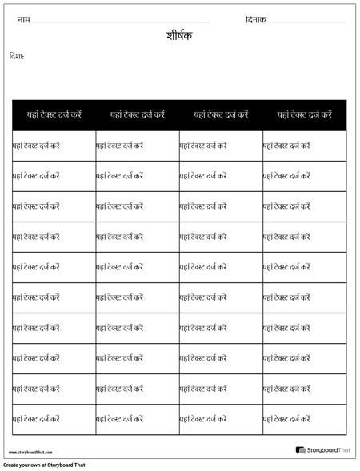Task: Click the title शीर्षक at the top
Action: (179, 36)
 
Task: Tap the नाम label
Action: (23, 19)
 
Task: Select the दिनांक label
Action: (256, 19)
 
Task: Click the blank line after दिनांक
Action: (307, 21)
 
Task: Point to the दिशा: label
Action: (16, 56)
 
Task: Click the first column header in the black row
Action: (54, 115)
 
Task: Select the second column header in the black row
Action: (138, 115)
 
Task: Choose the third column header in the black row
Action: (221, 115)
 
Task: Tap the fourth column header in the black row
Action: (305, 115)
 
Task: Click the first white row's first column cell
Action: (54, 146)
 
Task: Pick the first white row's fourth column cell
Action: (305, 146)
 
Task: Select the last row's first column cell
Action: (54, 419)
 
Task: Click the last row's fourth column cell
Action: (305, 419)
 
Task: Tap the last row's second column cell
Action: (138, 419)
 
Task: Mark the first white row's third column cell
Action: (221, 146)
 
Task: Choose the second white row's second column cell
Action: (138, 176)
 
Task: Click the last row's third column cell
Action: (221, 419)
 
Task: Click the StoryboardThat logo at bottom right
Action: (322, 451)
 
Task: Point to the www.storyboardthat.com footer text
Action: (30, 453)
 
